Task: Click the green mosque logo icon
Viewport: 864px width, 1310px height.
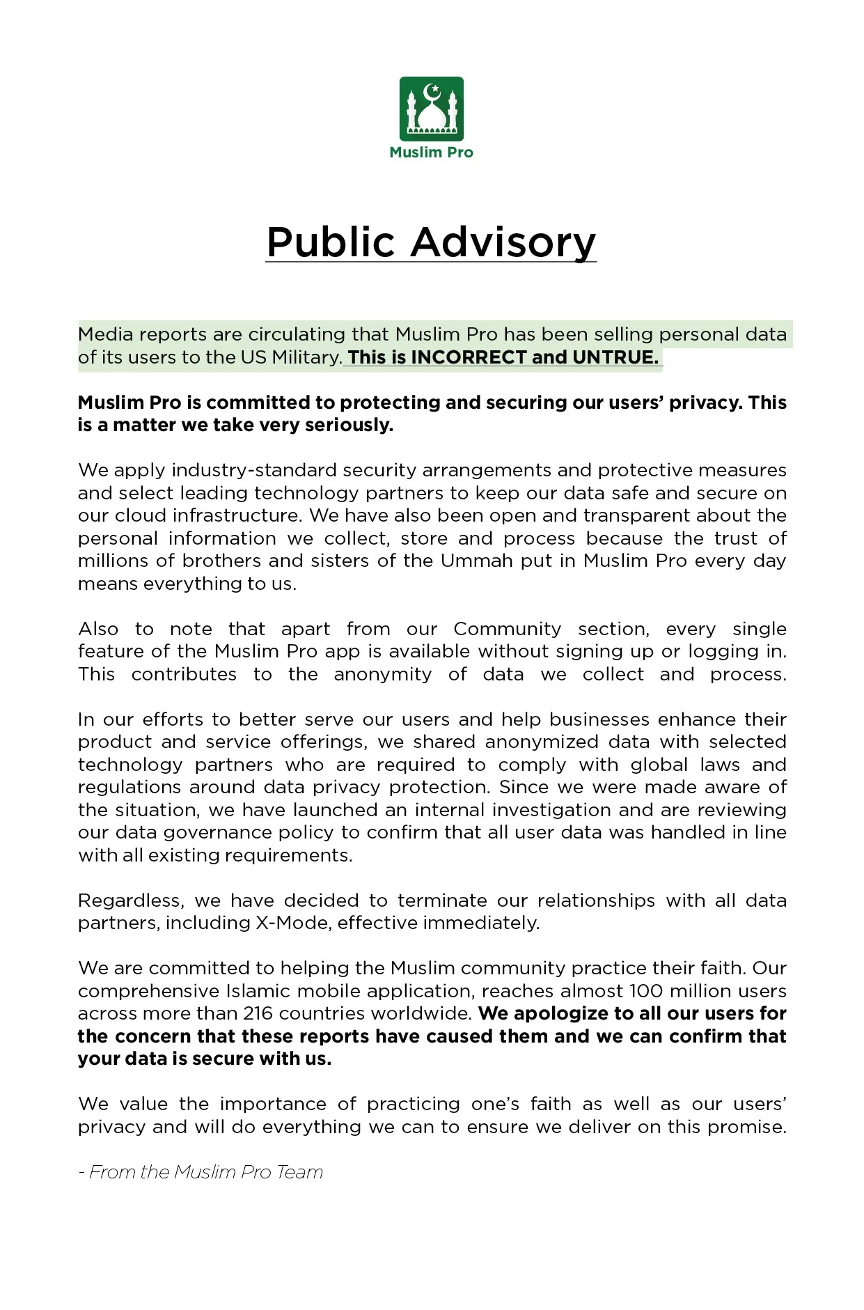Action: coord(431,109)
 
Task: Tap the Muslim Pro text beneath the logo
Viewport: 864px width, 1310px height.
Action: coord(431,153)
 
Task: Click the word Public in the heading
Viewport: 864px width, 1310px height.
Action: coord(331,242)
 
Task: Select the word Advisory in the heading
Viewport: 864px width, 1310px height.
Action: coord(503,242)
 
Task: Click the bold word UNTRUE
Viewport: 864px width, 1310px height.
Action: coord(615,357)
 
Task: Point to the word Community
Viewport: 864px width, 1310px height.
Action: coord(507,629)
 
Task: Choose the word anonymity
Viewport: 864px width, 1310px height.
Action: coord(382,674)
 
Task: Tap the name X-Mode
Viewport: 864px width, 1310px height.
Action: coord(292,923)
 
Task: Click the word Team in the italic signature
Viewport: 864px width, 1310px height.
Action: coord(299,1172)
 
